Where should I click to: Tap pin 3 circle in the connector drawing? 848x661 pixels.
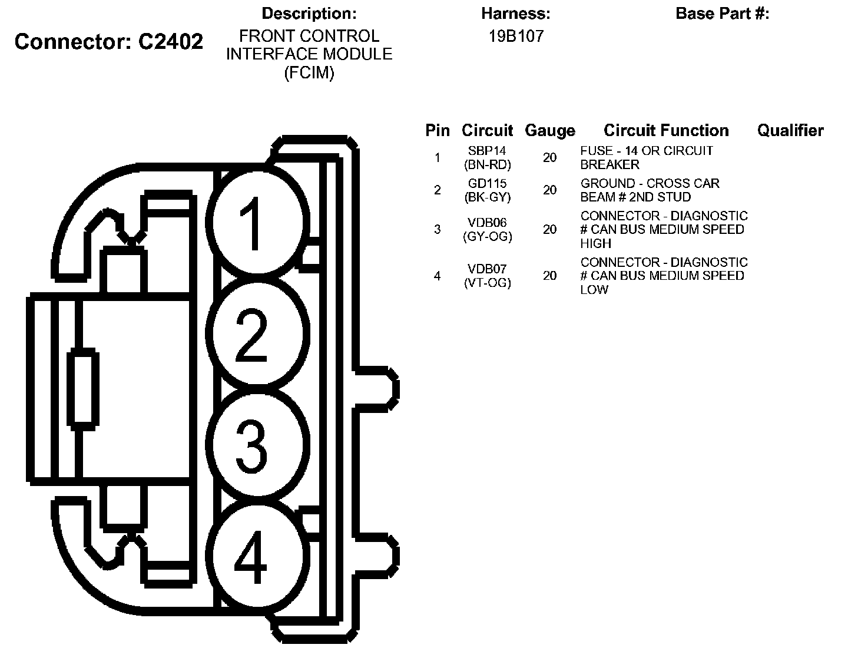pos(260,445)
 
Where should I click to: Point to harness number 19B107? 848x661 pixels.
pos(516,37)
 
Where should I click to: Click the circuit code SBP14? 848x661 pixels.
pos(487,151)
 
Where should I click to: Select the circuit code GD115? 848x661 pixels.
pos(487,183)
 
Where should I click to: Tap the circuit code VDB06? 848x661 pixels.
pos(487,223)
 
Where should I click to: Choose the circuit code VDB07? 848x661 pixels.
pos(487,269)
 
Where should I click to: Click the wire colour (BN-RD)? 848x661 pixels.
pos(487,165)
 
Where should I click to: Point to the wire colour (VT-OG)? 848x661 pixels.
pos(487,283)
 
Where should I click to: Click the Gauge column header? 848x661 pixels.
pos(549,131)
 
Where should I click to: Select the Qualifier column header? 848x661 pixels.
pos(790,131)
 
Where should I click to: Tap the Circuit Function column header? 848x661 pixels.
pos(666,131)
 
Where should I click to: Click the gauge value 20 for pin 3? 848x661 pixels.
pos(549,229)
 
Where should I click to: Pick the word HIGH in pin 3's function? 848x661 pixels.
pos(596,243)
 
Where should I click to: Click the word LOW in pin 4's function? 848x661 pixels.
pos(594,289)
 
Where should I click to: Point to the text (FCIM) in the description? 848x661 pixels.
pos(309,73)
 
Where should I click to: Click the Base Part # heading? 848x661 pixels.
pos(722,14)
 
